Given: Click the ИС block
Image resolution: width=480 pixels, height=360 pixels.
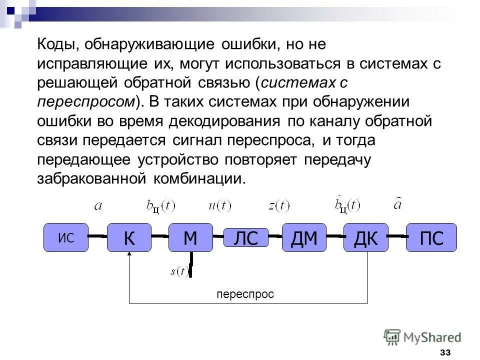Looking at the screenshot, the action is point(66,237).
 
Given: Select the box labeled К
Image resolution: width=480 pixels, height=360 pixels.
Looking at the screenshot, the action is point(129,237).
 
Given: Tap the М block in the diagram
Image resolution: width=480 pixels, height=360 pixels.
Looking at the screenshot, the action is point(190,237).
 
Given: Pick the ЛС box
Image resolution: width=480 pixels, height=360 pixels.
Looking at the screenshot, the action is point(245,237).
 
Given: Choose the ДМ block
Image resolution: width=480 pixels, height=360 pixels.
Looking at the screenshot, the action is point(304,237).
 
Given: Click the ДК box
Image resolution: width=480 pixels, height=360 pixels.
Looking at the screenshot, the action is point(365,237).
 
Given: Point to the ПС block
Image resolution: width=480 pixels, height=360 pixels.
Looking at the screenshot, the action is point(431,237).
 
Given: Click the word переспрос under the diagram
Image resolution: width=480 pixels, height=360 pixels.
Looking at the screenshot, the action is point(245,294).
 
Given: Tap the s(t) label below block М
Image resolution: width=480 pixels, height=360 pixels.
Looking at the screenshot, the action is point(179,271).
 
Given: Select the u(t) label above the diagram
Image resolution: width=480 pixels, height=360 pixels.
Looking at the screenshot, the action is point(219,205).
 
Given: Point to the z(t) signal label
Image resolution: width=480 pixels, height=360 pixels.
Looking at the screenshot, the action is point(278,205).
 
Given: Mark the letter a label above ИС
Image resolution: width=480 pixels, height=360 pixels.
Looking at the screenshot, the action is point(98,204).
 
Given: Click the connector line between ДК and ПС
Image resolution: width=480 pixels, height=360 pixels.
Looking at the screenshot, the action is point(397,235).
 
